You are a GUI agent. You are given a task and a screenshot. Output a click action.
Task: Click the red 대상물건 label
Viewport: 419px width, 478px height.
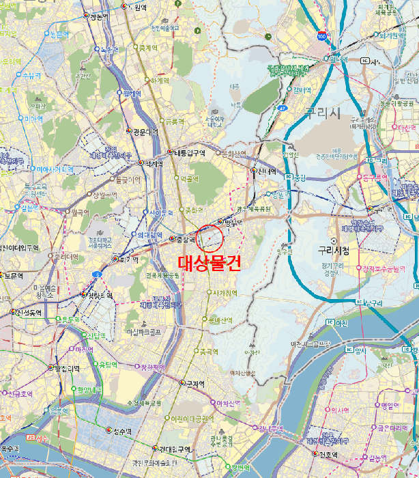[209, 264]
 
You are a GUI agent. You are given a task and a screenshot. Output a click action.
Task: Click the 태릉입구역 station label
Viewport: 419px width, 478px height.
[189, 152]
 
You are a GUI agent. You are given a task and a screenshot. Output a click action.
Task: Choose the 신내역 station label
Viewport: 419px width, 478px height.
[265, 171]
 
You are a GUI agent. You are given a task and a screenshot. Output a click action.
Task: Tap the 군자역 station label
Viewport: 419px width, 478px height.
[194, 384]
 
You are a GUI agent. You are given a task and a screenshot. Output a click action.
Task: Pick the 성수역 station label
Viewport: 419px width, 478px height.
[121, 431]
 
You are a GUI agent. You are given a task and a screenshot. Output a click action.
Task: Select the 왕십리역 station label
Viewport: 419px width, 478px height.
[66, 368]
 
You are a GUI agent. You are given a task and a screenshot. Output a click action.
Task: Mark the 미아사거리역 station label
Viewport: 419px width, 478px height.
[34, 169]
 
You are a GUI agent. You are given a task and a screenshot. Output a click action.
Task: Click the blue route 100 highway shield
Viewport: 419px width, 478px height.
[321, 35]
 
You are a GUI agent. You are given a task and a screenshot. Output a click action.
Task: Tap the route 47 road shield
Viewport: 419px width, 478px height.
[281, 108]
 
